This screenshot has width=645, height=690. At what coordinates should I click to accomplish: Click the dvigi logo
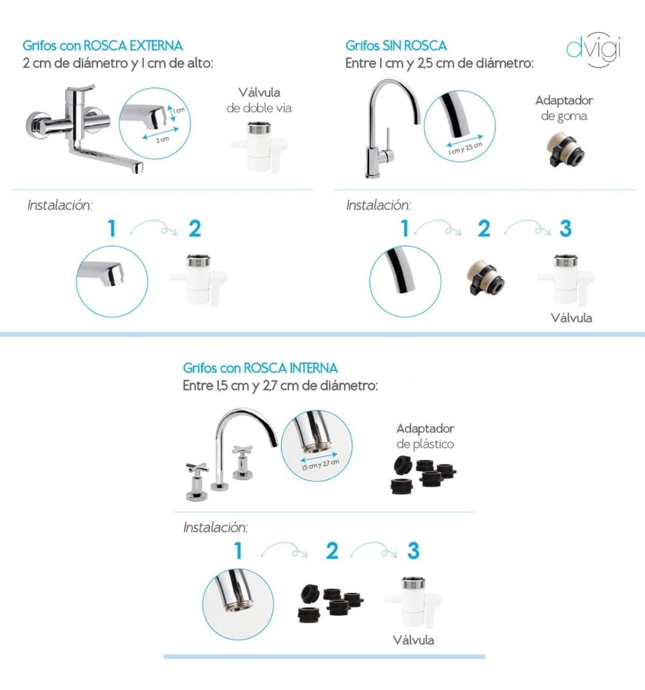coord(594,49)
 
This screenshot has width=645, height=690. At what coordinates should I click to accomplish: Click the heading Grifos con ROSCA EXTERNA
coord(102,46)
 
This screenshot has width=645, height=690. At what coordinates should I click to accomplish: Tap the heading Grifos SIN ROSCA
coord(396,46)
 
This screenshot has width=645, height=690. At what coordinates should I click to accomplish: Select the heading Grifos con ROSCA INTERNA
coord(261,368)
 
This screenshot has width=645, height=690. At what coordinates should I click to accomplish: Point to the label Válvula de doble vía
coord(259,101)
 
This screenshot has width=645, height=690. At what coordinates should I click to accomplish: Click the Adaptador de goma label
coord(564,108)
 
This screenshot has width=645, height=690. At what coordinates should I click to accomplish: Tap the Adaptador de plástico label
coord(425,436)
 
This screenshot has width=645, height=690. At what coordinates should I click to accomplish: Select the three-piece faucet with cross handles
coord(231,454)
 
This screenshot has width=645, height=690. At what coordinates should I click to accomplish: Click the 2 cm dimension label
coord(162,140)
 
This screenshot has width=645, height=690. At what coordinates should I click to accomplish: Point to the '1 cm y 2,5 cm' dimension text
coord(465,148)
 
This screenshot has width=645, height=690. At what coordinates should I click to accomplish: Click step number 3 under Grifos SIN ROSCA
coord(566,229)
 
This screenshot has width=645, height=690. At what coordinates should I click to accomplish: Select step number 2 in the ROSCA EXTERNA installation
coord(194,229)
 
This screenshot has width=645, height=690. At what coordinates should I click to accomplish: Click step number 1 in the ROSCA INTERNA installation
coord(238,551)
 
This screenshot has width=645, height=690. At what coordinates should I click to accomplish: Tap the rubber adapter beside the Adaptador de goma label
coord(564,149)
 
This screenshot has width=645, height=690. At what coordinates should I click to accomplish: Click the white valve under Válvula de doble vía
coord(259,147)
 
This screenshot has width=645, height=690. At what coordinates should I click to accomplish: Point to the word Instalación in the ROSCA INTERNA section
coord(216,527)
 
